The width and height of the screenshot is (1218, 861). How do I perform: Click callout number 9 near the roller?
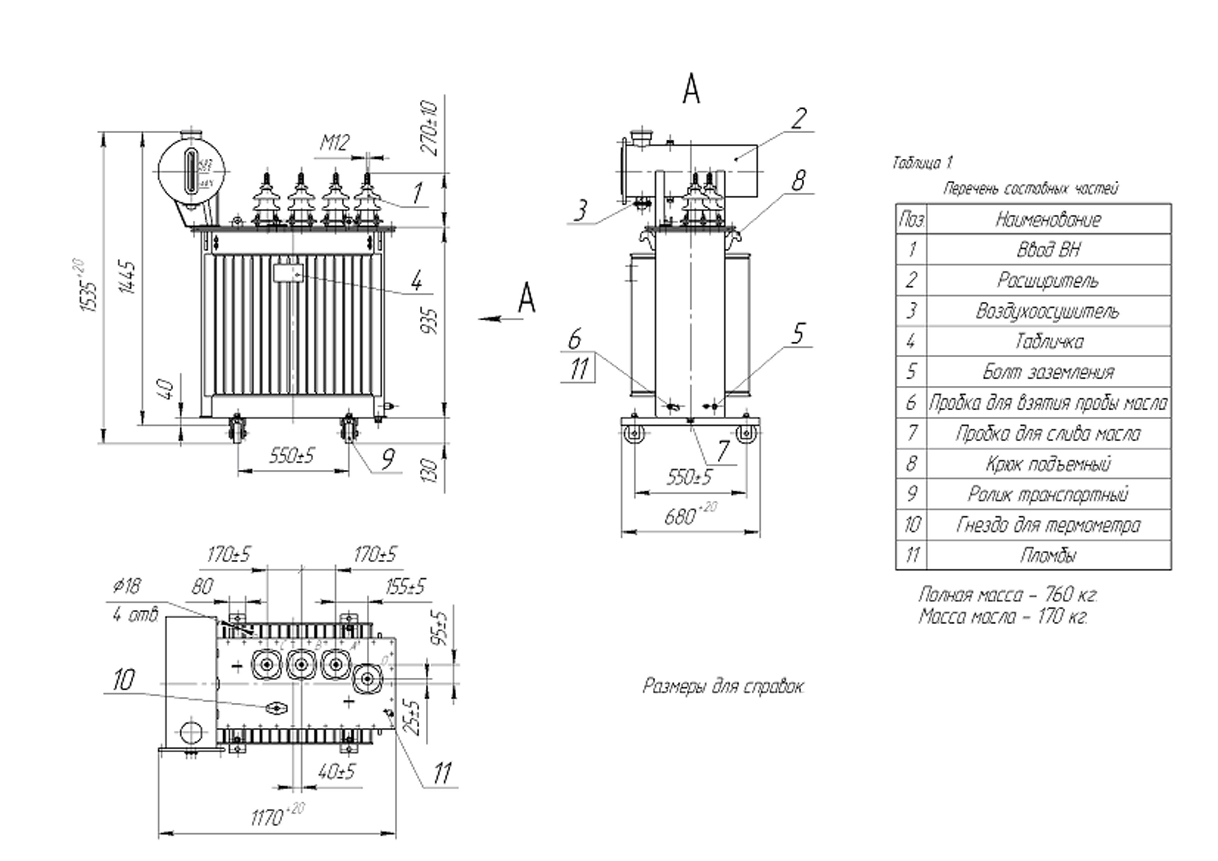click(388, 458)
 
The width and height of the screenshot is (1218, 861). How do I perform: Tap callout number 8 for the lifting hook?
click(798, 181)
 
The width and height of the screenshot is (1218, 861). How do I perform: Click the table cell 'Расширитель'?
click(1048, 280)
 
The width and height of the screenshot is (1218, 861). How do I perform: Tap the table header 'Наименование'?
click(1048, 219)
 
